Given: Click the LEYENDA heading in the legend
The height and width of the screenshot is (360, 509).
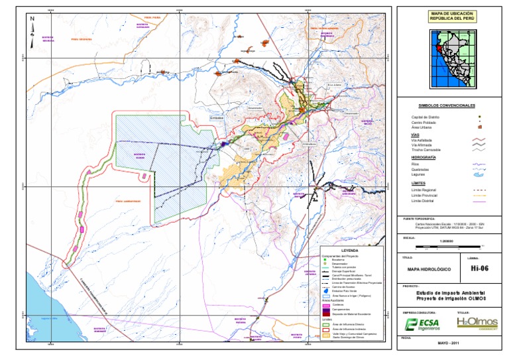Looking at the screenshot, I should (x=349, y=250).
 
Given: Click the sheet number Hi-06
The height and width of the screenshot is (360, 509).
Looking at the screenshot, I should (x=479, y=269).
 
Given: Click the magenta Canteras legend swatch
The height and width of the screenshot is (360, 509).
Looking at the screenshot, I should (x=325, y=305).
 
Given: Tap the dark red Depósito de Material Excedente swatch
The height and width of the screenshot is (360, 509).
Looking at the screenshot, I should (x=325, y=313).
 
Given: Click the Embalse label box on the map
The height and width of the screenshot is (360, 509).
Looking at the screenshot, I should (x=217, y=119).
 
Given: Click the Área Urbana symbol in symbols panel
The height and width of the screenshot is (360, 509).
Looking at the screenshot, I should (x=479, y=127).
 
